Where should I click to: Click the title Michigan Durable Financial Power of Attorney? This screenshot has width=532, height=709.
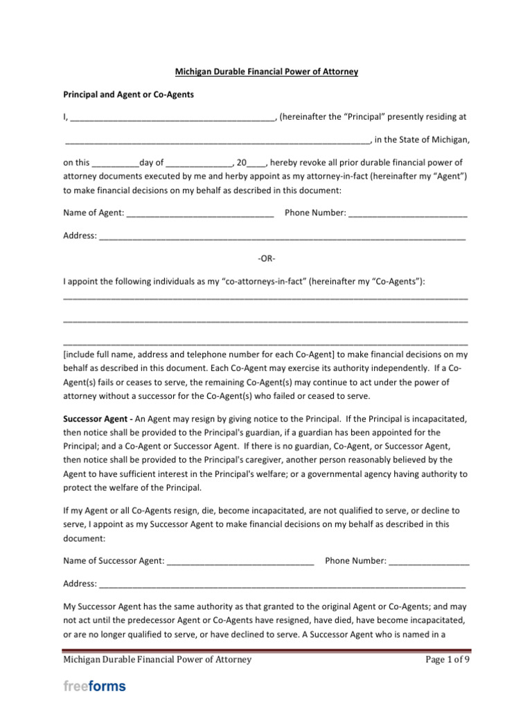tap(265, 72)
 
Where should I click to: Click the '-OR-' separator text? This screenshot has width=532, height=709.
tap(266, 259)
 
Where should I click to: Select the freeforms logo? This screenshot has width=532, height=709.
tap(95, 687)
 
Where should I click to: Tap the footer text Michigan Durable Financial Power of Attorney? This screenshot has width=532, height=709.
tap(157, 659)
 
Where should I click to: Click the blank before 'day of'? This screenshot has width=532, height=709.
tap(115, 163)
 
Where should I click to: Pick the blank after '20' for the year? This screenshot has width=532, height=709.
tap(256, 163)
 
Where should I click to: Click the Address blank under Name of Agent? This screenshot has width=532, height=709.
tap(282, 236)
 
